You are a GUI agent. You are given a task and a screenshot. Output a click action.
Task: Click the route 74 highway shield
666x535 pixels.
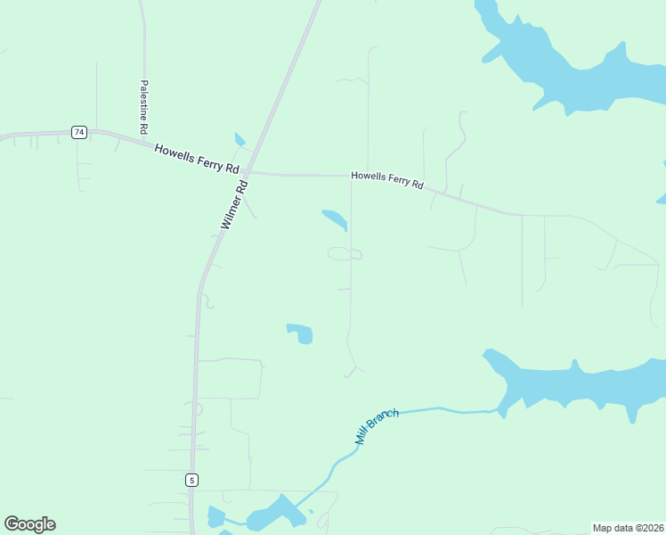click(x=79, y=132)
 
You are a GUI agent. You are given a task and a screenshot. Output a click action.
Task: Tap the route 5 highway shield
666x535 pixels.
click(x=191, y=480)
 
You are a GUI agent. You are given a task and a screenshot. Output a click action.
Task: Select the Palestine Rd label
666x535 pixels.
click(x=143, y=108)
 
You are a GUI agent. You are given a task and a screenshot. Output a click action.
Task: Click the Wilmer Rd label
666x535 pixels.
click(x=233, y=206)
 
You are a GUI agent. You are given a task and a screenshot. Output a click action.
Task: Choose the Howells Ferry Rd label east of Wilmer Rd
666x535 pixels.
click(x=387, y=181)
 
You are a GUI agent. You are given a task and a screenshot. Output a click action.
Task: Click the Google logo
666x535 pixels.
click(x=29, y=524)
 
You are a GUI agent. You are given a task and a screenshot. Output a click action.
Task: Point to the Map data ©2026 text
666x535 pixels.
click(x=628, y=528)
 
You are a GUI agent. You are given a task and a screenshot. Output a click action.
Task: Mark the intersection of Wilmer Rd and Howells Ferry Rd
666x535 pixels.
click(x=248, y=172)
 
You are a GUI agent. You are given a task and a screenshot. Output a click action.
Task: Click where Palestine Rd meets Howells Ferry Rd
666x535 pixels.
click(x=143, y=139)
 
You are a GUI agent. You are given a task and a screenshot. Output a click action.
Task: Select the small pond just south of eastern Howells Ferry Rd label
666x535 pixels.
click(x=335, y=218)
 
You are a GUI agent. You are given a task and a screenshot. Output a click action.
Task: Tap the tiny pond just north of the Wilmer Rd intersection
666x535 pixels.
click(x=239, y=140)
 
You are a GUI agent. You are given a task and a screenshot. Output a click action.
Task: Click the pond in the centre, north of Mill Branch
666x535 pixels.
click(x=301, y=333)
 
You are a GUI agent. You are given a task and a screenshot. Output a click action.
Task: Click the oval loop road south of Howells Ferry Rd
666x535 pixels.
click(x=345, y=254)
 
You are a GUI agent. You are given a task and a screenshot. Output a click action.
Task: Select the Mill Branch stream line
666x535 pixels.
click(x=427, y=410)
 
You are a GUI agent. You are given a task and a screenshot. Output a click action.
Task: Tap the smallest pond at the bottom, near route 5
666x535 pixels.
click(x=215, y=516)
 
